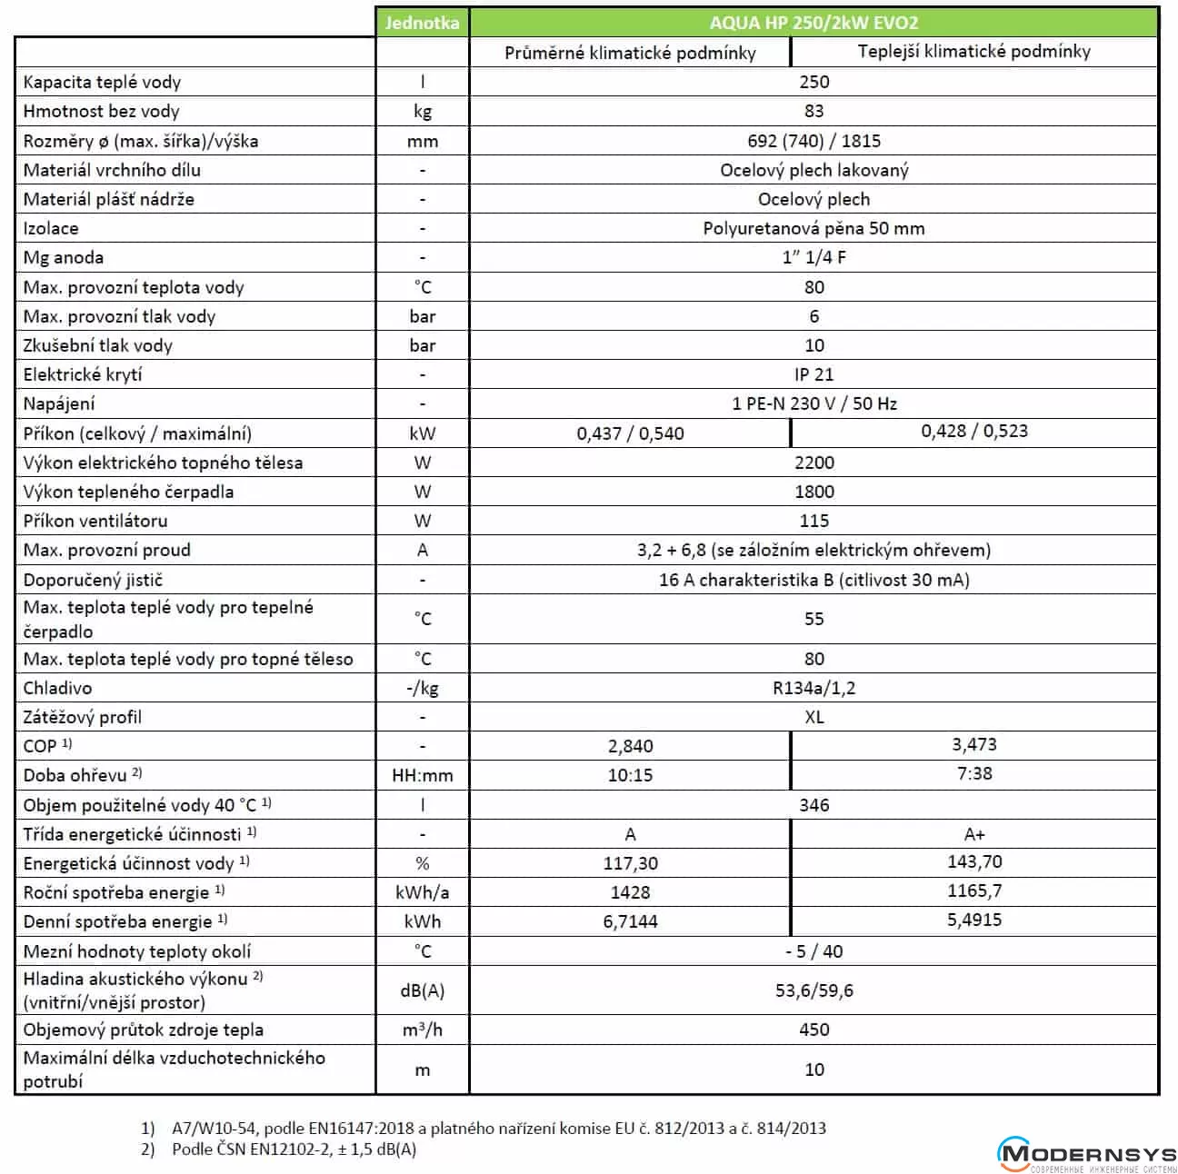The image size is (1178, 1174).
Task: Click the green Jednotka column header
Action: pyautogui.click(x=422, y=23)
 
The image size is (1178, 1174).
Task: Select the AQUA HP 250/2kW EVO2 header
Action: pyautogui.click(x=814, y=23)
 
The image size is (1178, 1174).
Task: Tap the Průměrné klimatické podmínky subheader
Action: pyautogui.click(x=630, y=53)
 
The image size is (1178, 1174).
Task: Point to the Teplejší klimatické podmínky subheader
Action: pyautogui.click(x=973, y=52)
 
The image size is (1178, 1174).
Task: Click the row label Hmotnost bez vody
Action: pyautogui.click(x=102, y=112)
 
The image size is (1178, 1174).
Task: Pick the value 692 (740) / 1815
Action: pyautogui.click(x=814, y=141)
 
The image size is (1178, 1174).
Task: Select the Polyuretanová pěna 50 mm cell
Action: pyautogui.click(x=814, y=228)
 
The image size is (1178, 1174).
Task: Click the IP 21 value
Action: pyautogui.click(x=814, y=374)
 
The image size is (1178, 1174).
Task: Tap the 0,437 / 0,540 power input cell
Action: pyautogui.click(x=630, y=433)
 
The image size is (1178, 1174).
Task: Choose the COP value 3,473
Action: pyautogui.click(x=974, y=745)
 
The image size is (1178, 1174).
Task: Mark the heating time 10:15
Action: pyautogui.click(x=630, y=775)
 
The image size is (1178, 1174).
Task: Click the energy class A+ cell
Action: pyautogui.click(x=974, y=834)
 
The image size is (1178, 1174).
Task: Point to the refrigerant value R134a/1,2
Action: pyautogui.click(x=814, y=688)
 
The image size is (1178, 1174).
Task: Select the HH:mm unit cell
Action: pyautogui.click(x=422, y=775)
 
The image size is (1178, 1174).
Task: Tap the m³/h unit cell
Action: pyautogui.click(x=422, y=1030)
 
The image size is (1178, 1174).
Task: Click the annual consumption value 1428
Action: pyautogui.click(x=630, y=892)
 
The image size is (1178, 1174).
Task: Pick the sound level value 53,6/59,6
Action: pyautogui.click(x=814, y=990)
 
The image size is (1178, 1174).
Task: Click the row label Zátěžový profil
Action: pyautogui.click(x=83, y=717)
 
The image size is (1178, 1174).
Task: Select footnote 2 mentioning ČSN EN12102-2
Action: pyautogui.click(x=291, y=1149)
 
